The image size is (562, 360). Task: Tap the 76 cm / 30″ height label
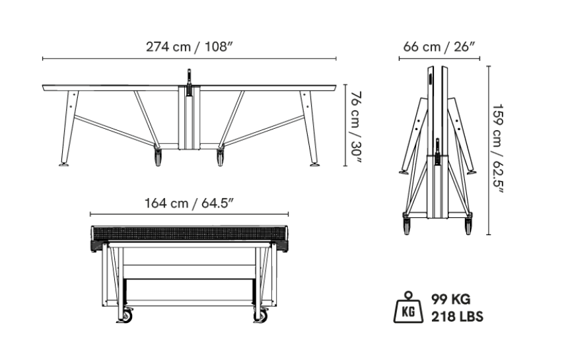pos(357,126)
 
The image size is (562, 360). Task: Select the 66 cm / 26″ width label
pos(439,47)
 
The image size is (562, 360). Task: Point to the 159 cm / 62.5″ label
pos(499,149)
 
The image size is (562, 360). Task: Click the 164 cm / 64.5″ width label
pos(190,203)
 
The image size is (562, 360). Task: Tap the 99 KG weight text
pos(450,299)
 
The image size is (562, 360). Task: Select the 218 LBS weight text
pos(457,317)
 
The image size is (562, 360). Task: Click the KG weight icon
pos(408,307)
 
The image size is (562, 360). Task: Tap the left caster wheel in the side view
pos(158,157)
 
